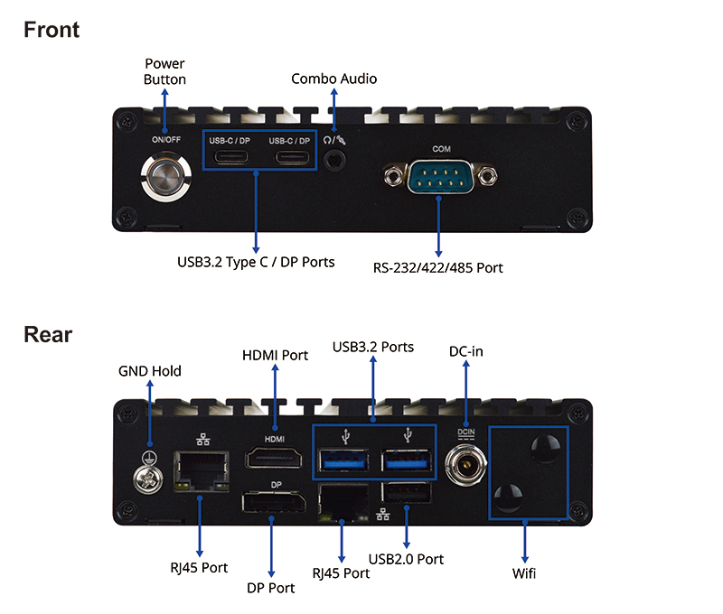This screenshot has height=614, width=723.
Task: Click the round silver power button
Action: (165, 177)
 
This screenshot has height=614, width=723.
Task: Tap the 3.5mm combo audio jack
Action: (334, 161)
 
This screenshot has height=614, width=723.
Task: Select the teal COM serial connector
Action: (440, 176)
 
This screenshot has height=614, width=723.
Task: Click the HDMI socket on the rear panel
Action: (275, 458)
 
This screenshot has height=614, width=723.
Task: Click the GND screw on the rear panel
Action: (148, 479)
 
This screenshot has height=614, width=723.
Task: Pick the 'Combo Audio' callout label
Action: (333, 79)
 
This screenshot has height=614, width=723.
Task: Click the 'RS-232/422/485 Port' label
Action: (437, 267)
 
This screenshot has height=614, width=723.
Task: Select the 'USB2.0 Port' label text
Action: (406, 559)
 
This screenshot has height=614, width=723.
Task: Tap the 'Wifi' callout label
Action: (524, 573)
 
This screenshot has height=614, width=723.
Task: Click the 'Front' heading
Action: (52, 30)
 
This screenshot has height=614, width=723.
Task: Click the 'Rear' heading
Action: (48, 334)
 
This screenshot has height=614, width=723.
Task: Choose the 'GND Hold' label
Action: (150, 371)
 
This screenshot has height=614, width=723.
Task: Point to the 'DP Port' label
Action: (270, 588)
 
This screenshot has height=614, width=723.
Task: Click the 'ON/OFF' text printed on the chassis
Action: (166, 140)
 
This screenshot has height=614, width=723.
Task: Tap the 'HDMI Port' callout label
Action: (276, 355)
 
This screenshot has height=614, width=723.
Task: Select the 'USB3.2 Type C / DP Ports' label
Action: (256, 262)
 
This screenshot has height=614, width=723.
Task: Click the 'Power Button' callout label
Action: (164, 71)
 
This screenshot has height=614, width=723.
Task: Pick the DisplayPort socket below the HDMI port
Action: (274, 502)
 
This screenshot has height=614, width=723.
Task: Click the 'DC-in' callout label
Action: (466, 351)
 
